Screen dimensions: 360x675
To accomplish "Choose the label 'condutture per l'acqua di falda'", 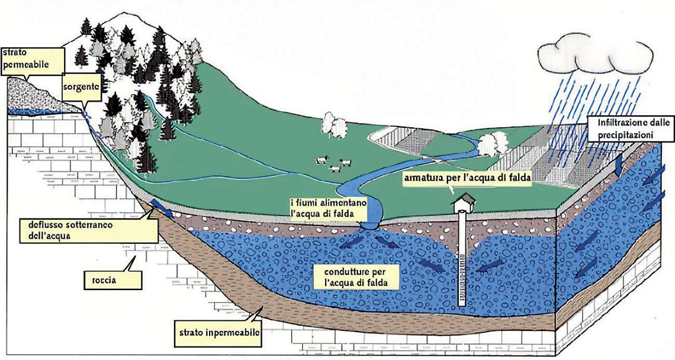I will [355, 277].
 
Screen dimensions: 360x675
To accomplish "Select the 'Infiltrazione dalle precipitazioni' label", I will [628, 129].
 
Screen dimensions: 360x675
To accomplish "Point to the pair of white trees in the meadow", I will [335, 125].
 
